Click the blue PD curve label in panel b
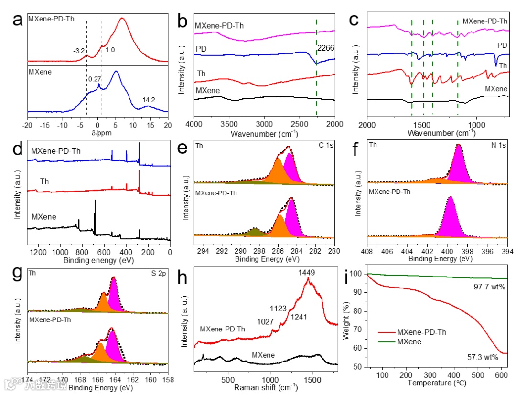(201, 49)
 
